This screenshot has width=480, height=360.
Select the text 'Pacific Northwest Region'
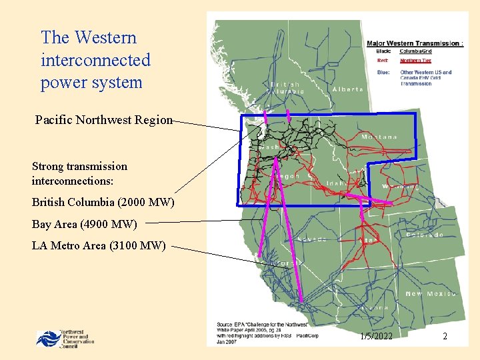click(x=103, y=121)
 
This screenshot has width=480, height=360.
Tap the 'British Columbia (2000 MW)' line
click(x=103, y=202)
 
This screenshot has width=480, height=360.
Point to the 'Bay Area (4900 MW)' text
click(x=84, y=224)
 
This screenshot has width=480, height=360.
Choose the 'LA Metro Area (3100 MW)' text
click(x=99, y=246)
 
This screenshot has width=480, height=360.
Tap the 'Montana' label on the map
click(x=379, y=137)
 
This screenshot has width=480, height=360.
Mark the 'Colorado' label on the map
click(x=425, y=235)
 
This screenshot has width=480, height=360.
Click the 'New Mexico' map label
click(x=431, y=294)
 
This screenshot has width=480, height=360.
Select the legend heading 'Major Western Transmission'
click(x=413, y=44)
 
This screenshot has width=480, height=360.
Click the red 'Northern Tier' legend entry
click(x=415, y=61)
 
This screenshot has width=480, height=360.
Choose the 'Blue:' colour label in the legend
click(x=383, y=72)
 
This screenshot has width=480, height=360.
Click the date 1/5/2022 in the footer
click(x=375, y=337)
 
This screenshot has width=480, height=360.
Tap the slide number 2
click(x=445, y=337)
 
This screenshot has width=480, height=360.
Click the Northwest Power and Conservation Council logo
click(x=65, y=338)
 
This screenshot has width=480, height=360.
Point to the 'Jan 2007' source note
click(x=227, y=342)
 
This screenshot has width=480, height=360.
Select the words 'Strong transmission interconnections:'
click(x=79, y=173)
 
